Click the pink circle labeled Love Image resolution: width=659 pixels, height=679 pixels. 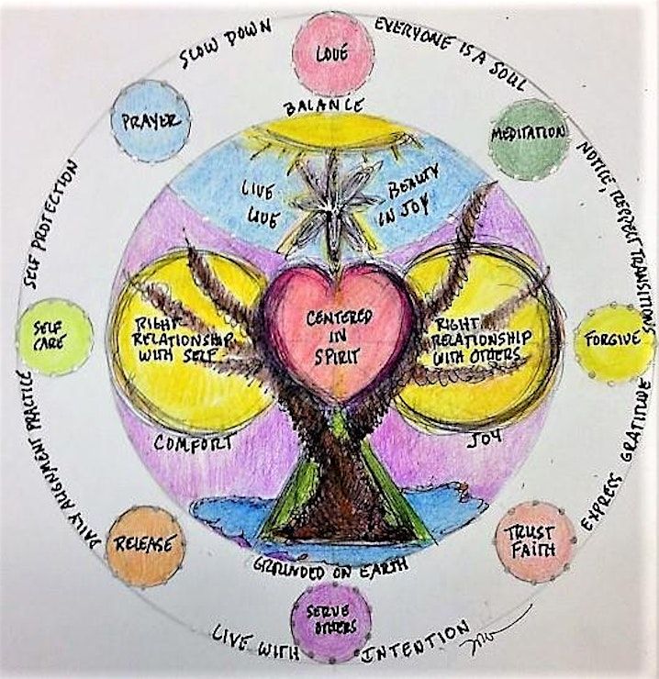click(x=332, y=53)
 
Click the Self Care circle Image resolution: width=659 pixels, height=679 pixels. click(x=56, y=336)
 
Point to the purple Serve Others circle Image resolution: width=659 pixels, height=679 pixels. click(x=330, y=622)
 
